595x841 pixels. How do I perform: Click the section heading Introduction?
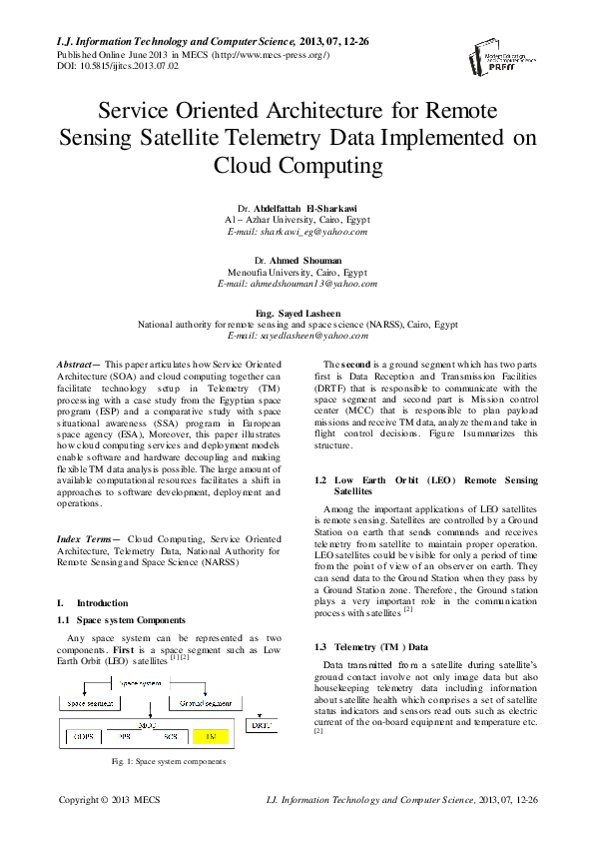click(102, 603)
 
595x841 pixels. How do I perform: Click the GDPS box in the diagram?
click(82, 736)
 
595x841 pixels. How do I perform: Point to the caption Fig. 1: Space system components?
click(168, 761)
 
